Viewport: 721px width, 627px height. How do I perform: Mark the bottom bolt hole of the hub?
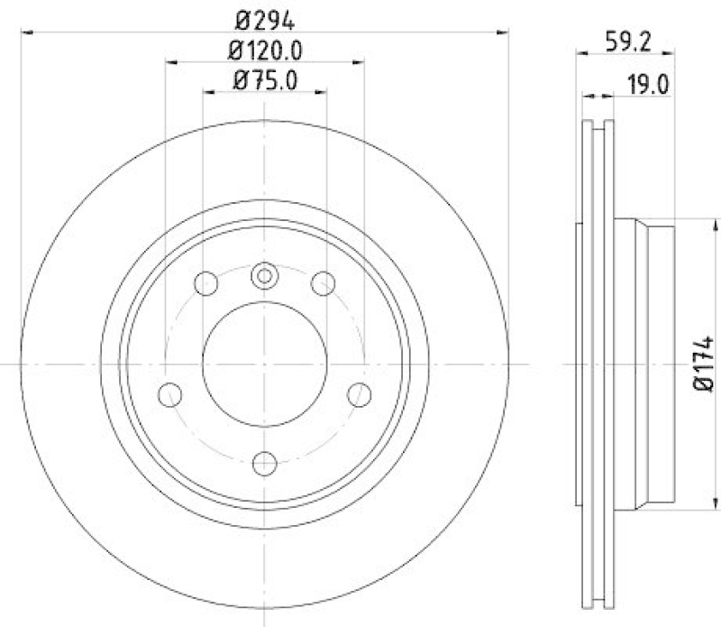point(264,463)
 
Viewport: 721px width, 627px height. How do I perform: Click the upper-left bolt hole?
point(207,283)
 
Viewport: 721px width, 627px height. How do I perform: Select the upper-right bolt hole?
point(322,283)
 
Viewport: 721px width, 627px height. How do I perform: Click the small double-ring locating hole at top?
point(264,275)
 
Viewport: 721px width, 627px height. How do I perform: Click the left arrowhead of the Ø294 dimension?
point(25,32)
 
